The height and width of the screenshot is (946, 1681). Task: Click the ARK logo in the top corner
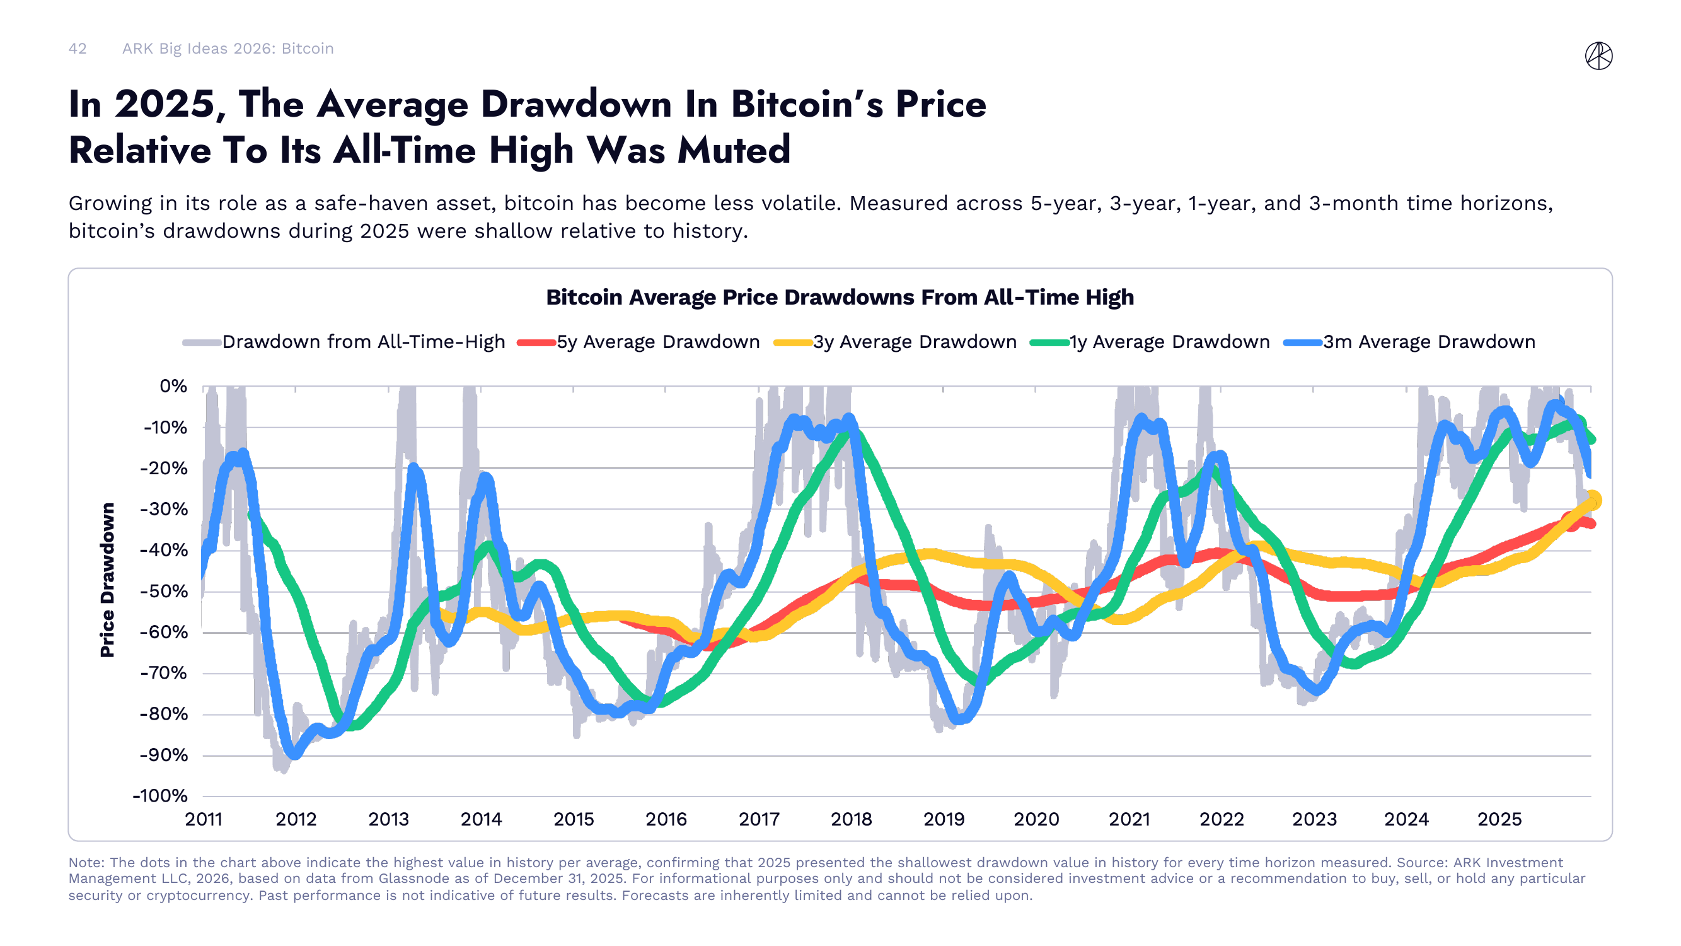tap(1598, 55)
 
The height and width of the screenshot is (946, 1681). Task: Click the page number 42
tap(77, 49)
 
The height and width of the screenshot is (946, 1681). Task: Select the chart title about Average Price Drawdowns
tap(840, 297)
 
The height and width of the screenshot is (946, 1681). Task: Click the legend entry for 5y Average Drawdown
tap(657, 342)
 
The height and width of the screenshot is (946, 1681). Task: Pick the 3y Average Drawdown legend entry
tap(913, 342)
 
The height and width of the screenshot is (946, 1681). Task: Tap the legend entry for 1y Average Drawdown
tap(1169, 342)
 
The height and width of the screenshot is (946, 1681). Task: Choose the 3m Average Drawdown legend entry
tap(1428, 342)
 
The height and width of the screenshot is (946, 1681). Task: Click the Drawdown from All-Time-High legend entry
tap(363, 342)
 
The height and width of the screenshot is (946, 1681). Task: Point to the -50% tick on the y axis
tap(164, 592)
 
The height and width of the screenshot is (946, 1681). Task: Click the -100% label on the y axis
tap(161, 796)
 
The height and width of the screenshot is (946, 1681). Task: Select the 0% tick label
tap(173, 387)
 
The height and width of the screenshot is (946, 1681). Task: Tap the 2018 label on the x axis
tap(851, 819)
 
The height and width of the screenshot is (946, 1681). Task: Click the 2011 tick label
tap(204, 819)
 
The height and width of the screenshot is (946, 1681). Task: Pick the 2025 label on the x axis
tap(1499, 819)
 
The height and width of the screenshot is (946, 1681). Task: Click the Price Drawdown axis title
tap(107, 580)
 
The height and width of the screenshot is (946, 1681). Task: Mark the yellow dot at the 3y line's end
tap(1592, 500)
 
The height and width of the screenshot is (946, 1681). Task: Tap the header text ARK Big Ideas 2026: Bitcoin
tap(228, 49)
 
